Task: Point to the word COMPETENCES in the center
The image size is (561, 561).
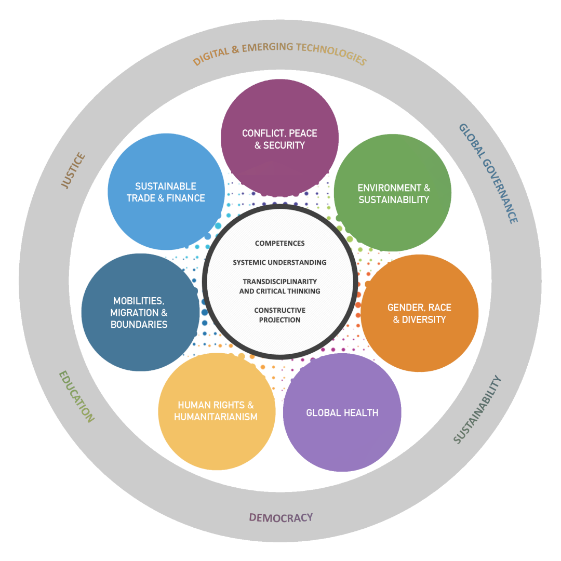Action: (x=280, y=243)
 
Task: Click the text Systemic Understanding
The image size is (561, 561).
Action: (x=280, y=262)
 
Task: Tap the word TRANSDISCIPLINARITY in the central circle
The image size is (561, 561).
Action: (x=280, y=282)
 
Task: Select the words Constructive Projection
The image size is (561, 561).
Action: (x=280, y=315)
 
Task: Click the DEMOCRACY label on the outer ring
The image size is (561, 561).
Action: (x=281, y=517)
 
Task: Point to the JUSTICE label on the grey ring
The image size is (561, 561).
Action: (x=73, y=170)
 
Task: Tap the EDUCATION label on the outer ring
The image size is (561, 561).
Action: (x=76, y=396)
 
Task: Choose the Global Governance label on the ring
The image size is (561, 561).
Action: (x=488, y=173)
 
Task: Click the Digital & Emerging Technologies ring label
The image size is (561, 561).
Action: (x=279, y=52)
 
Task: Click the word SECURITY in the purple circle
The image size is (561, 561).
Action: (x=284, y=145)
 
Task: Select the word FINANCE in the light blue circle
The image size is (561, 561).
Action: (x=185, y=198)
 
